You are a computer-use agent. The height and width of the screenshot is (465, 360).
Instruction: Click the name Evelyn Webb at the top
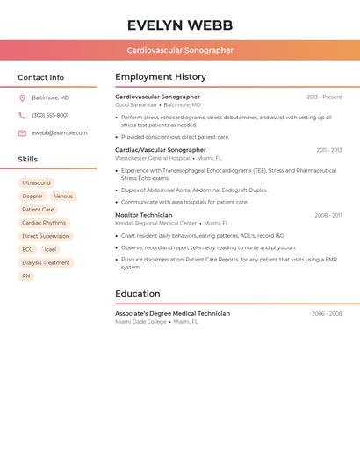pos(179,25)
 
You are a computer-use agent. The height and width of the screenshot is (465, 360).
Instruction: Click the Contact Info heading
pos(40,77)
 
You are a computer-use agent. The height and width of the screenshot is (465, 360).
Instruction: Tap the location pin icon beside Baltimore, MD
pos(22,97)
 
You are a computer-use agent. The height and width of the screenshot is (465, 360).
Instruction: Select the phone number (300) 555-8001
pos(50,115)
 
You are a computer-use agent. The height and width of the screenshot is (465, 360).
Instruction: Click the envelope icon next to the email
pos(22,133)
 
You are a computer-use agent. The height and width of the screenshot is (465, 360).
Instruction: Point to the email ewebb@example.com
pos(60,133)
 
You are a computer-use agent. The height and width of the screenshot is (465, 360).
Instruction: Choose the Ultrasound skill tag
pos(37,182)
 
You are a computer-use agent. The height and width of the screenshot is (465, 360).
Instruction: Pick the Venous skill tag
pos(63,197)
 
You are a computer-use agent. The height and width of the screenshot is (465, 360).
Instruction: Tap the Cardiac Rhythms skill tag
pos(44,223)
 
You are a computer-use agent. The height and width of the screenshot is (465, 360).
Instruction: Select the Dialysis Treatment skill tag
pos(46,262)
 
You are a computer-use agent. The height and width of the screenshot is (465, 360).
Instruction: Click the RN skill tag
pos(26,275)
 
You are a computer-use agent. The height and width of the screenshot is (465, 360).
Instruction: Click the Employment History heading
pos(161,77)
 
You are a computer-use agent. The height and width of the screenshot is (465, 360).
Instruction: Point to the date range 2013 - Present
pos(324,97)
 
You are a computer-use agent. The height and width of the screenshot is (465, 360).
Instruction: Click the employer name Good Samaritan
pos(136,104)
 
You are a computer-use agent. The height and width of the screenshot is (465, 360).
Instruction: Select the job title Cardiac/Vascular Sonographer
pos(161,150)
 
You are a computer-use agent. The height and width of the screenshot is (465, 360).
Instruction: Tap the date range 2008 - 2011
pos(328,215)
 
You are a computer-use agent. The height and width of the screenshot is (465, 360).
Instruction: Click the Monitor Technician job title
pos(144,215)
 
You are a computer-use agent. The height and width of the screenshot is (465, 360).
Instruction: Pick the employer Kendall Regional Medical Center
pos(156,223)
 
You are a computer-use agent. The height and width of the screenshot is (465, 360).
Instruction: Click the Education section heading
pos(138,293)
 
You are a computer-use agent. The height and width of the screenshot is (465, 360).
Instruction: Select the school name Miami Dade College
pos(140,321)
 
